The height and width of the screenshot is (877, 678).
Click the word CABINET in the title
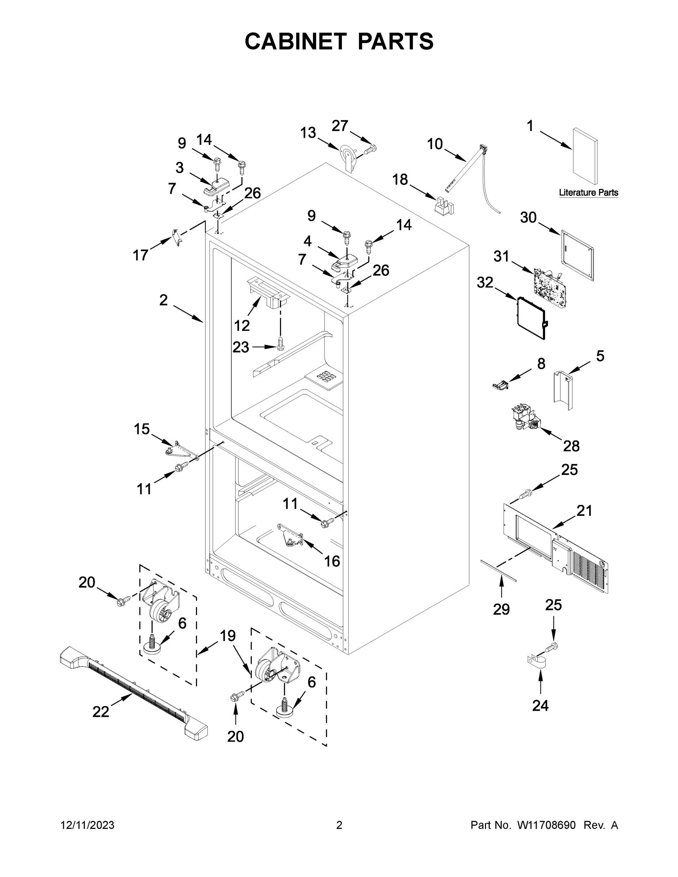tap(296, 41)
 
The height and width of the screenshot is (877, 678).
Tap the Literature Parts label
tap(588, 193)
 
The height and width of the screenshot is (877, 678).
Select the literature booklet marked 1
tap(585, 157)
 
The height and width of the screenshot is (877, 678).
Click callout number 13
tap(308, 133)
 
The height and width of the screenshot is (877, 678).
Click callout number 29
tap(501, 609)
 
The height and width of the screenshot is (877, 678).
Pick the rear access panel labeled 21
tap(556, 547)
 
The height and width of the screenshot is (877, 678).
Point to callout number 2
tap(163, 300)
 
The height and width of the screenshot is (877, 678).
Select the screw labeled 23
tap(281, 343)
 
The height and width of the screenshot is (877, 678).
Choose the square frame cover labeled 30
tap(577, 255)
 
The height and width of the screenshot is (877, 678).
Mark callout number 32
tap(485, 282)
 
